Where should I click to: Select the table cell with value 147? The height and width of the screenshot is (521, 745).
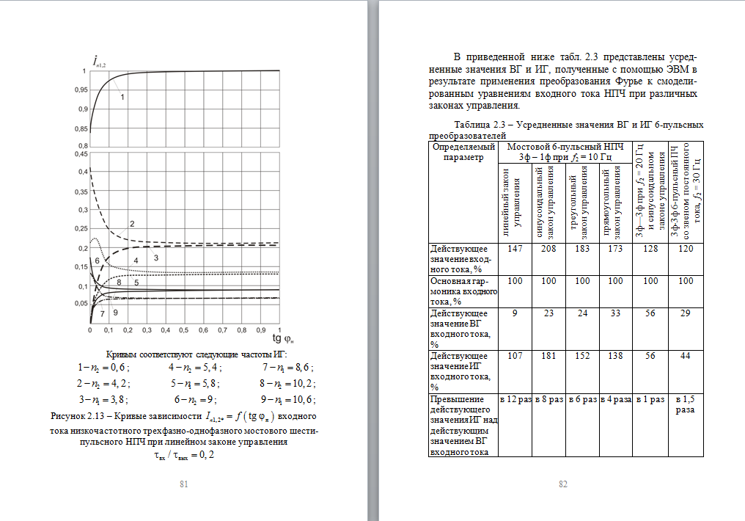click(x=515, y=250)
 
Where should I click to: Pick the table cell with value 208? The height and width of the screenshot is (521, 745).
click(x=548, y=250)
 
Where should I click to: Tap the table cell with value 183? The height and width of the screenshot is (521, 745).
click(x=581, y=250)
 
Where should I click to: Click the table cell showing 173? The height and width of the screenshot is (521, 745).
click(x=614, y=250)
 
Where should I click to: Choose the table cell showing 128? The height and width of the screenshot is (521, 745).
click(x=650, y=250)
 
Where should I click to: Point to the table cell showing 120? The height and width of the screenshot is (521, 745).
click(x=685, y=250)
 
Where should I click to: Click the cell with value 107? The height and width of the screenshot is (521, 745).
click(x=515, y=357)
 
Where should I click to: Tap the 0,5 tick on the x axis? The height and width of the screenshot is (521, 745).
click(x=185, y=330)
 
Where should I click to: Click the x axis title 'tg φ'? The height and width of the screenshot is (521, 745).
click(x=283, y=338)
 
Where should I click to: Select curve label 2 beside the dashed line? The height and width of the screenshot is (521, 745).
click(x=132, y=223)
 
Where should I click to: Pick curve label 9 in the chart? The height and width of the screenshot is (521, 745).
click(x=115, y=313)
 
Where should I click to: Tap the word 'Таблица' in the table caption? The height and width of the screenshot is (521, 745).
click(x=474, y=124)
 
